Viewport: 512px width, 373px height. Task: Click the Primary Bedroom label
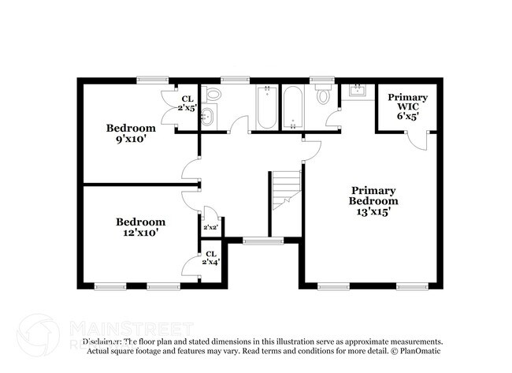pos(373,196)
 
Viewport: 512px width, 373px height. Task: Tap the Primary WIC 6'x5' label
pos(407,106)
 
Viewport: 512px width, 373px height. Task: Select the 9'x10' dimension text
pos(131,140)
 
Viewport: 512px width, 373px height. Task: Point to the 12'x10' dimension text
pos(141,233)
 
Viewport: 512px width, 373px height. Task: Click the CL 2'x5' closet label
pos(187,103)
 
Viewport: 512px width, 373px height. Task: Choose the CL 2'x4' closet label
pos(211,258)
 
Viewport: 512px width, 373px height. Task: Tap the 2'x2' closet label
pos(210,228)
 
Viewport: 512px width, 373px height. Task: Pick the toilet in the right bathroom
pos(323,96)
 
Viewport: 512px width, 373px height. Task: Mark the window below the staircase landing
pos(254,241)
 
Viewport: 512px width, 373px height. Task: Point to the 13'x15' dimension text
pos(373,211)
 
